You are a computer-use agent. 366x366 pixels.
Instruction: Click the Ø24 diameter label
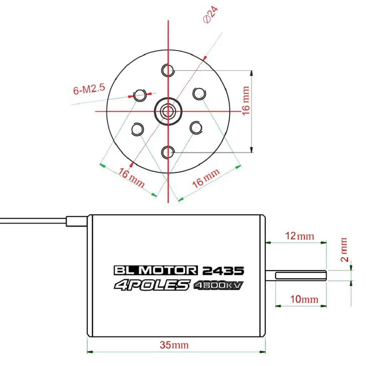(211, 14)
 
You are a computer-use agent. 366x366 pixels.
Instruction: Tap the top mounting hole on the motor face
(168, 70)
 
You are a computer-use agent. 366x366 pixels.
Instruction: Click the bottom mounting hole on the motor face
(168, 152)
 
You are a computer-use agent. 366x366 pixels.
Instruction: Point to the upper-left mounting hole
(140, 95)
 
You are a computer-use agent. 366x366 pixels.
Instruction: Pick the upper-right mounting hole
(199, 93)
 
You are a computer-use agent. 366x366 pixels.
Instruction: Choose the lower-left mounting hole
(138, 129)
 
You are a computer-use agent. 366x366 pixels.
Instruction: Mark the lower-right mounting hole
(196, 128)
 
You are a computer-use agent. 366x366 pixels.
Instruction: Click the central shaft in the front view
(168, 112)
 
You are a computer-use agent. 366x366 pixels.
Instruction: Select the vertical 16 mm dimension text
(246, 100)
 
